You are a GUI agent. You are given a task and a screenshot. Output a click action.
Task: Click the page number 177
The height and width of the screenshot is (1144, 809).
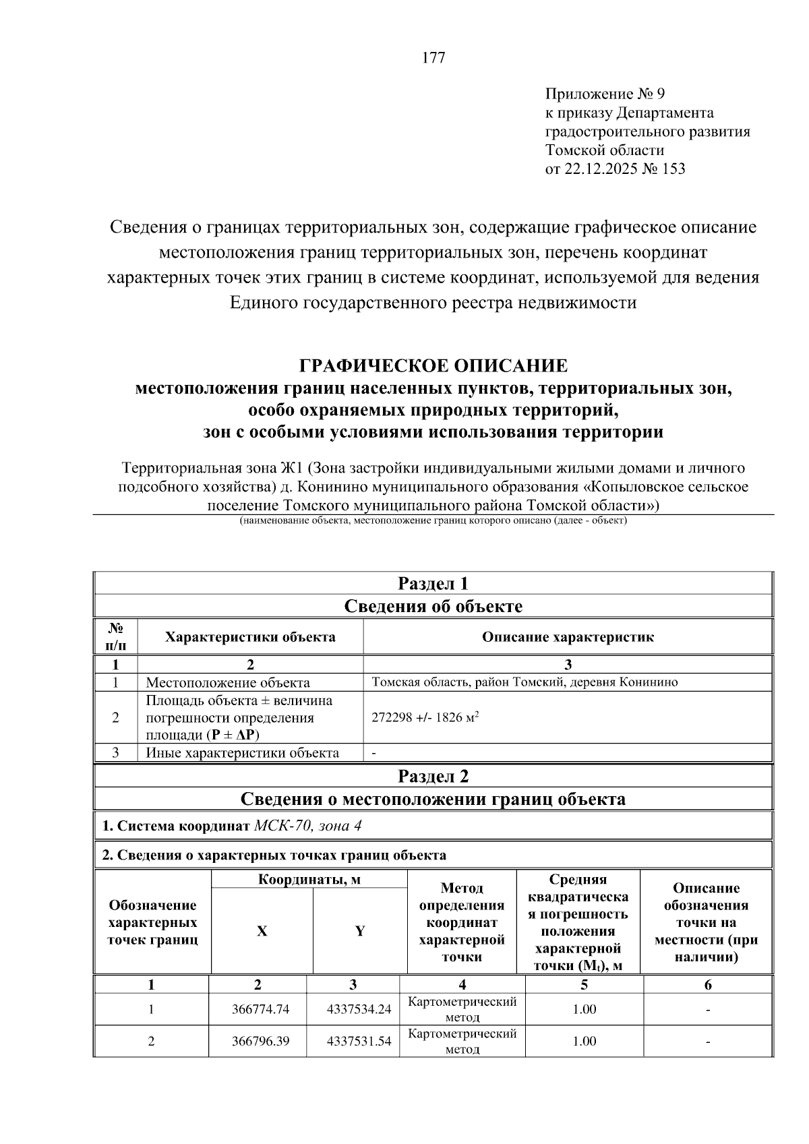click(x=433, y=58)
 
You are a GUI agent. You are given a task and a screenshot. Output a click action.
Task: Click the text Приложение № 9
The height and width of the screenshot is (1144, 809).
click(x=604, y=93)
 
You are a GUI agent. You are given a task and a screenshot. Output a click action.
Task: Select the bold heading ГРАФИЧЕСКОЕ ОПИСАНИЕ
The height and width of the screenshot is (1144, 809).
click(x=433, y=366)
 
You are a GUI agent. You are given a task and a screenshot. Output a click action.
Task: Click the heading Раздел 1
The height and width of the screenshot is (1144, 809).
click(x=433, y=583)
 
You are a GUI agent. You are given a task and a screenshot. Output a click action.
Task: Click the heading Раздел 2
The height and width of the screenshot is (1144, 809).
click(x=433, y=776)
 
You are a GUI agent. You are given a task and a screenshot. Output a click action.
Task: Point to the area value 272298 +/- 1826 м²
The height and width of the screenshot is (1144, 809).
click(x=425, y=717)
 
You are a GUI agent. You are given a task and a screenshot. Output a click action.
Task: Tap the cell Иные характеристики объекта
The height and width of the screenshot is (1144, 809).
click(x=242, y=753)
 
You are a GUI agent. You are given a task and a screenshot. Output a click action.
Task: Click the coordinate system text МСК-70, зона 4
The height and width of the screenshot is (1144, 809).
click(x=311, y=826)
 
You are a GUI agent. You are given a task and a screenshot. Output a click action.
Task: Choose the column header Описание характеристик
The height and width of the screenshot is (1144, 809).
click(x=568, y=637)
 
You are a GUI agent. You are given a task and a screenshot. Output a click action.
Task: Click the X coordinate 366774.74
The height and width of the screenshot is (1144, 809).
click(x=260, y=1009)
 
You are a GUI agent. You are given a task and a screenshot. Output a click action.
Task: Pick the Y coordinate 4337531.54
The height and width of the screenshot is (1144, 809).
click(x=359, y=1041)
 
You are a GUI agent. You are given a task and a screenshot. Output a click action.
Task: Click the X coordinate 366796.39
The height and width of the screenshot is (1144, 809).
click(x=260, y=1041)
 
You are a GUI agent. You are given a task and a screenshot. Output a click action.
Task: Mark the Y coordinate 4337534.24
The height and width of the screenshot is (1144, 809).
click(x=359, y=1009)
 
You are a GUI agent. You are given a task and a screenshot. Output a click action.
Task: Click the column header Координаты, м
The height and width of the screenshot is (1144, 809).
click(x=309, y=880)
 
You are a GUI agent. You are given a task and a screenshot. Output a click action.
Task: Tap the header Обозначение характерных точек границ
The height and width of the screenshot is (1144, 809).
click(x=152, y=922)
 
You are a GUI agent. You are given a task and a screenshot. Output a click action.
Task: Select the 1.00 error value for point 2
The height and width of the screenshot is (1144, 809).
click(x=584, y=1041)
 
